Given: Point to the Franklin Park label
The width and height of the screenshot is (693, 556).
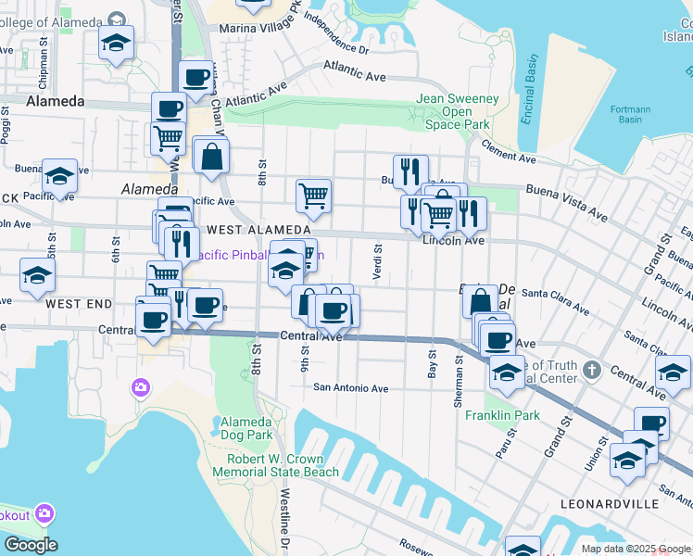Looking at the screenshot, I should pyautogui.click(x=502, y=415).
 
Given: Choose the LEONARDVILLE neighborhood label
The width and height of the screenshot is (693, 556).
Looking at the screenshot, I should pyautogui.click(x=610, y=504).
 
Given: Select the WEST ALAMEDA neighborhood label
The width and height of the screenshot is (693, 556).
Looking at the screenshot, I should pyautogui.click(x=258, y=229).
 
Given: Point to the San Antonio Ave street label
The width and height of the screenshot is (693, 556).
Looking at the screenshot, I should pyautogui.click(x=350, y=388).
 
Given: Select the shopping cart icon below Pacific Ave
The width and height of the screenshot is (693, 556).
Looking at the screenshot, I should pyautogui.click(x=314, y=196).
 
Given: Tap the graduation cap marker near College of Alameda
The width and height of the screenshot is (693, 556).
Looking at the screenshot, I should pyautogui.click(x=116, y=43).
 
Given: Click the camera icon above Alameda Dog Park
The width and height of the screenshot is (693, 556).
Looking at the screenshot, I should pyautogui.click(x=141, y=386).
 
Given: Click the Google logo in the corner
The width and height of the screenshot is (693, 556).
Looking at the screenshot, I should pyautogui.click(x=30, y=545).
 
